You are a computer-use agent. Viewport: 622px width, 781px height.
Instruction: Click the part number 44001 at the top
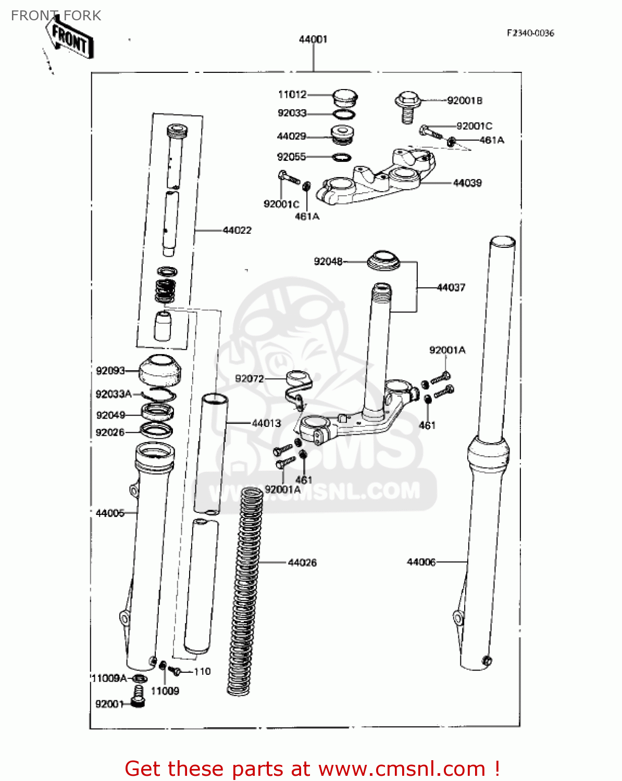coord(313,39)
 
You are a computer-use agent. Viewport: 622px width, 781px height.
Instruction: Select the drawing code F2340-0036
coord(530,33)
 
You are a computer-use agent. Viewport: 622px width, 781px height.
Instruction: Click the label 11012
coord(292,94)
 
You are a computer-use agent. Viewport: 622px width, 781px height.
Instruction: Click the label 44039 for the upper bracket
coord(467,183)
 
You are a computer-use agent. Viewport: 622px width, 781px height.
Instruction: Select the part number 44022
coord(237,230)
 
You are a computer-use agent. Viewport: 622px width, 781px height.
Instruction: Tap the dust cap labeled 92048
coord(384,260)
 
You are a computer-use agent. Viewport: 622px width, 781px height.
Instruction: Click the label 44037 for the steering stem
coord(451,287)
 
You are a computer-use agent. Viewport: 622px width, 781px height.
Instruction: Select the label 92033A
coord(114,394)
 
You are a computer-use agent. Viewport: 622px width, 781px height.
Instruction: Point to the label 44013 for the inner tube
coord(266,423)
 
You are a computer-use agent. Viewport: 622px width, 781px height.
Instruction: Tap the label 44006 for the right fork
coord(421,562)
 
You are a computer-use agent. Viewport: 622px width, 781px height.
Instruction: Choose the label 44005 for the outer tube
coord(110,513)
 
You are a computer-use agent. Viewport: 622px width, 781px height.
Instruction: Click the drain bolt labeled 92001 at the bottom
coord(138,697)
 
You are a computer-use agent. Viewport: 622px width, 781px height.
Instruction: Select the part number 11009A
coord(109,678)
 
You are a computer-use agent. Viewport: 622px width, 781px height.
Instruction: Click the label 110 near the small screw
coord(202,672)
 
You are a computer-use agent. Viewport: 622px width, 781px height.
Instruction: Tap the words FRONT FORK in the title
coord(56,16)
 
